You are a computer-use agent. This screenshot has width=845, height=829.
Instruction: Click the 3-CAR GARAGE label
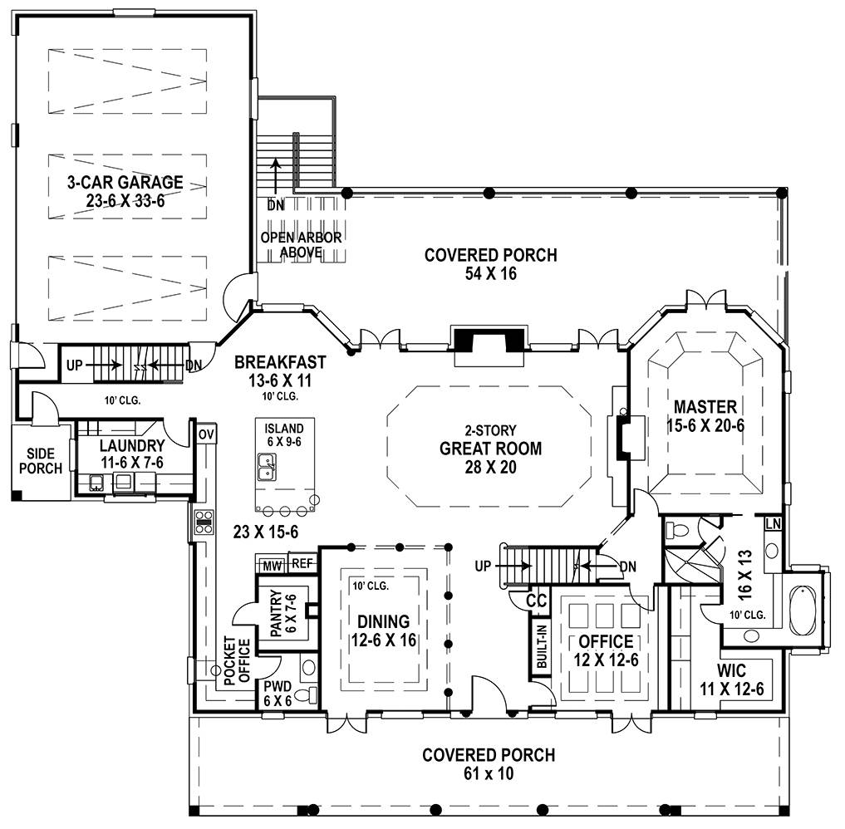[125, 182]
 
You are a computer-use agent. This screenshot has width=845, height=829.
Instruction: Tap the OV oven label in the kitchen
[206, 434]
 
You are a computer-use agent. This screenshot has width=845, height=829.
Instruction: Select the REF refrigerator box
[302, 563]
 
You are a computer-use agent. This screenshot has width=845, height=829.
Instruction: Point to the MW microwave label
[273, 566]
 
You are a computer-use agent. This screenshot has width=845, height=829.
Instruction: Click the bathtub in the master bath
[803, 611]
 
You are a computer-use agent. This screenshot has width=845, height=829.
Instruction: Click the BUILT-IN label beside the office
[542, 646]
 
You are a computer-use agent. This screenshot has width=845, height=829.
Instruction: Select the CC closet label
[536, 600]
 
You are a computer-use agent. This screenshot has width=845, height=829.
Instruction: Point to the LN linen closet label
[773, 523]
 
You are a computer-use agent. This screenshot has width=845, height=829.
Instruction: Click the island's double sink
[266, 467]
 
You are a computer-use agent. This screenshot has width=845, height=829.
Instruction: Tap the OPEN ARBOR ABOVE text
[301, 244]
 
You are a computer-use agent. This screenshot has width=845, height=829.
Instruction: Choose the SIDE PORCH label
[41, 461]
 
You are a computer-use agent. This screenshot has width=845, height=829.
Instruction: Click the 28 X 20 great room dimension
[490, 467]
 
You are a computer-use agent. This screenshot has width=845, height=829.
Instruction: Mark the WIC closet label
[731, 670]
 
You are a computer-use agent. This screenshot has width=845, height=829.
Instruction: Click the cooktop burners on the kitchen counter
[204, 522]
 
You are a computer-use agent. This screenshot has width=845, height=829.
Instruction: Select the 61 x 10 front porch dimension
[489, 773]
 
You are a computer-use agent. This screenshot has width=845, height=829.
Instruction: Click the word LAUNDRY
[132, 445]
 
